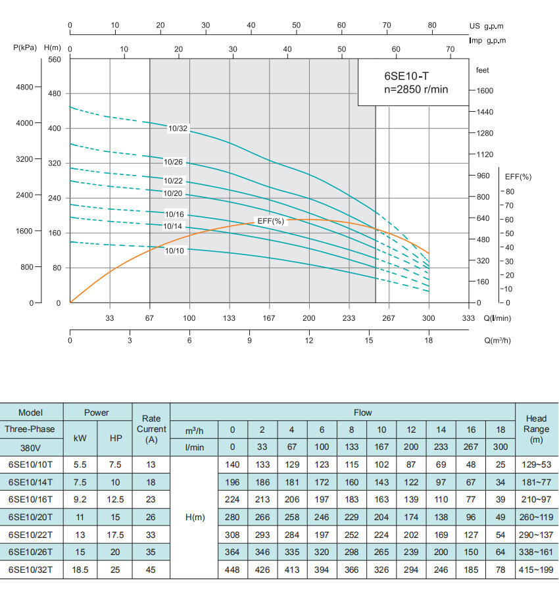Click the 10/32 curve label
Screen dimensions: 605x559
point(178,129)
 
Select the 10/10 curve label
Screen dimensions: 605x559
point(174,250)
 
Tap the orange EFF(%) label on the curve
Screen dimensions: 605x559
point(270,221)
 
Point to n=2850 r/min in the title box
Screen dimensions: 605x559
point(416,89)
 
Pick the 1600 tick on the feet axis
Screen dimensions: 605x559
point(485,91)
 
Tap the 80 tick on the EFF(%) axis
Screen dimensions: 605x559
point(510,191)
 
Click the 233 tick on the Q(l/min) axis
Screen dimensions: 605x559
point(349,318)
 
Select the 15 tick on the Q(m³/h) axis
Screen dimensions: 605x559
point(369,340)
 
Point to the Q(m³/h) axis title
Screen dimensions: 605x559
point(498,340)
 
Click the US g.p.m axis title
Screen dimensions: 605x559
point(487,26)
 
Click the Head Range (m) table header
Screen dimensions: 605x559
point(537,429)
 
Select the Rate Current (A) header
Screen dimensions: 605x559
point(151,429)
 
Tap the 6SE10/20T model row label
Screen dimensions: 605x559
point(31,517)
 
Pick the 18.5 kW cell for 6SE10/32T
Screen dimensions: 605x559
point(80,569)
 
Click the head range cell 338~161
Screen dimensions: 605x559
point(537,552)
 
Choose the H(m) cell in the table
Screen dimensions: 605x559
point(194,517)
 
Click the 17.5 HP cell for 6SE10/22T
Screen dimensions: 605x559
point(115,534)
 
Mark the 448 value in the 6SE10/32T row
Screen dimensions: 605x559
point(232,569)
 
